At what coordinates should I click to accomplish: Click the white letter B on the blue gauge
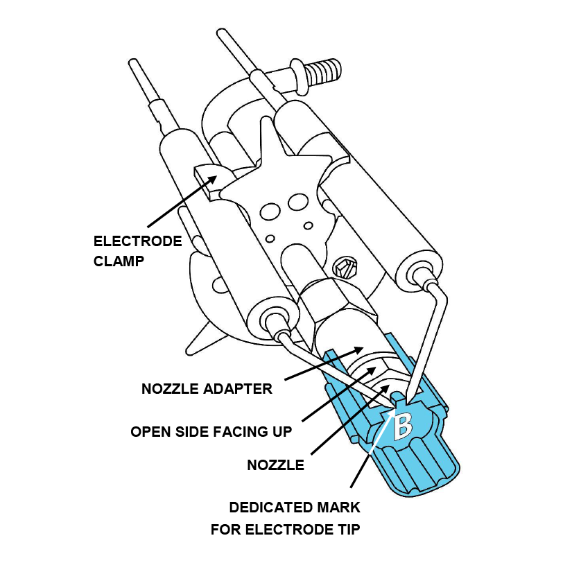[x=403, y=425]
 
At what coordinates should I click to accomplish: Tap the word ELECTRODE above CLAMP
[x=137, y=241]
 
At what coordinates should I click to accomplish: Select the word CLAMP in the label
[x=119, y=261]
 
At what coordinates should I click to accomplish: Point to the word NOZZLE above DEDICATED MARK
[x=275, y=465]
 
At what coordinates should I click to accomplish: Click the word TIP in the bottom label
[x=348, y=529]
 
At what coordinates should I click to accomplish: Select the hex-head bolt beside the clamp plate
[x=345, y=268]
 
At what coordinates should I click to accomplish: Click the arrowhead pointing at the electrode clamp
[x=211, y=181]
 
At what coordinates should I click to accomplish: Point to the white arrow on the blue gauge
[x=382, y=431]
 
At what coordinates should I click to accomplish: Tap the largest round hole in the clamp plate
[x=270, y=211]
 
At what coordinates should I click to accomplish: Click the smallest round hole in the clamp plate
[x=270, y=239]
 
